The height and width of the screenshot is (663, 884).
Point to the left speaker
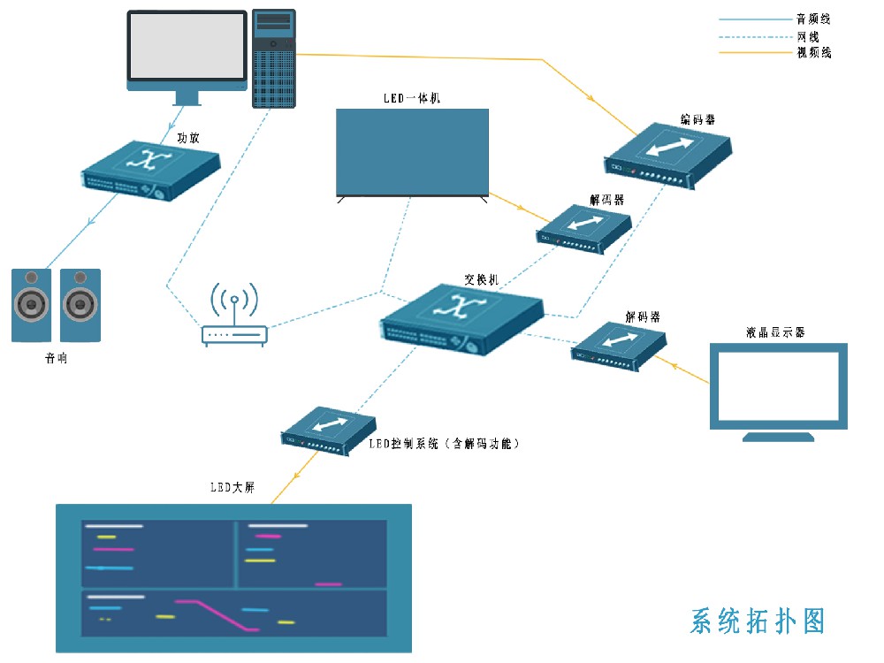(x=31, y=305)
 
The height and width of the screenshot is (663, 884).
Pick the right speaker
(x=80, y=305)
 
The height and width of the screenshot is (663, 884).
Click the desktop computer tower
(x=274, y=58)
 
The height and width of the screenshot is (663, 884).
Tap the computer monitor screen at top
(x=187, y=46)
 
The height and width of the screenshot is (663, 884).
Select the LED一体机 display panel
(x=412, y=151)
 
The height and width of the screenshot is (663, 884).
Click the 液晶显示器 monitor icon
(x=778, y=387)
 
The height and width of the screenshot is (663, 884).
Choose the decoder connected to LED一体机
(x=583, y=229)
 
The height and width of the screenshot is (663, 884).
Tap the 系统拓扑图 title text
(x=758, y=621)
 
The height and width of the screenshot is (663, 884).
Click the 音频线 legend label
(x=813, y=19)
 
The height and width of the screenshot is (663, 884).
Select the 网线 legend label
(x=808, y=36)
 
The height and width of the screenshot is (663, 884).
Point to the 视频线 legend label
(x=813, y=53)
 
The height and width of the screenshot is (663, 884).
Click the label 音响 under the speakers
(x=56, y=359)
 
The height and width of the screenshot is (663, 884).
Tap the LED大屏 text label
(x=232, y=487)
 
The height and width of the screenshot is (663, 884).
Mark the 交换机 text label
(x=482, y=279)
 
